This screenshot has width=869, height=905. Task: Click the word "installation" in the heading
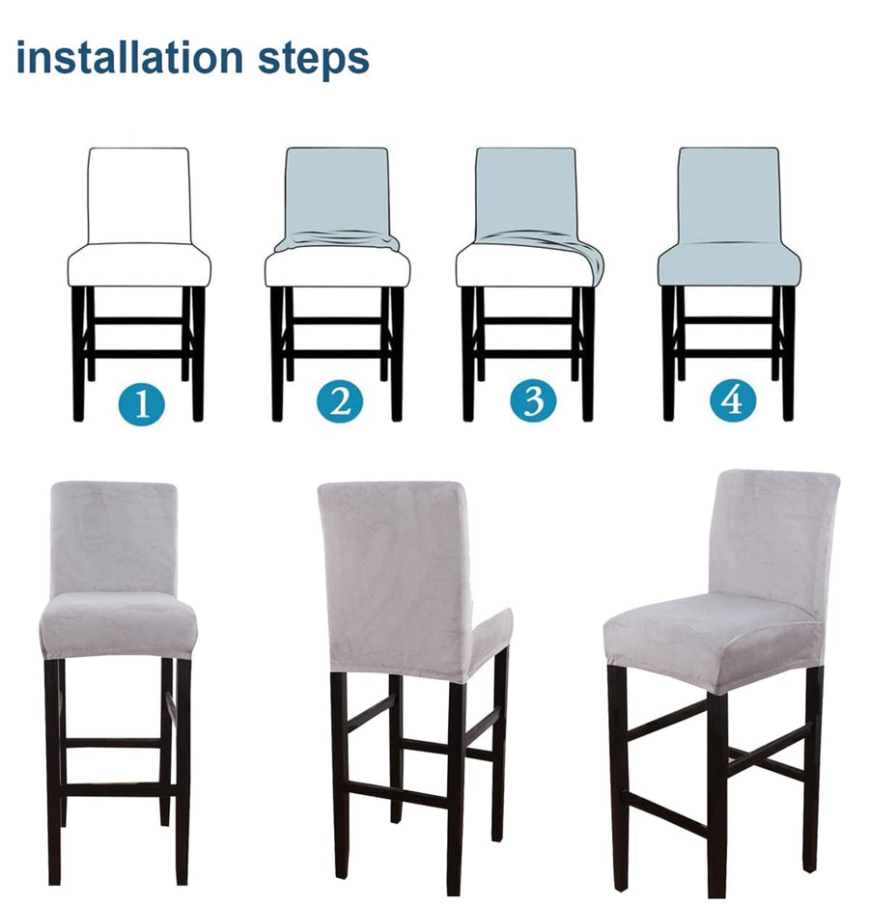coord(129,57)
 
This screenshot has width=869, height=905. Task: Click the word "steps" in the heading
coord(313,60)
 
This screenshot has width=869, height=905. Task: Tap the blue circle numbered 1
coord(142,402)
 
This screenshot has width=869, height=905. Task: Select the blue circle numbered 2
coord(340,400)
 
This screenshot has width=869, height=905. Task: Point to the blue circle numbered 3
coord(533,399)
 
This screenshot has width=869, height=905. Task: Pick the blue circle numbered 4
coord(733,399)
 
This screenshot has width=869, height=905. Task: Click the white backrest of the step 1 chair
coord(139,195)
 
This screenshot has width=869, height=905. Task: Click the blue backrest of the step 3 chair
coord(526,193)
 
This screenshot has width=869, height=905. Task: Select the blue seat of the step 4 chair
coord(730,263)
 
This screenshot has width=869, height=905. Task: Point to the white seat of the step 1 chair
coord(139,264)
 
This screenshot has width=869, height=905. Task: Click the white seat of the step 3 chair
coord(520,266)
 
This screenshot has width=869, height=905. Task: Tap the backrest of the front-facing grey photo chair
coord(114,536)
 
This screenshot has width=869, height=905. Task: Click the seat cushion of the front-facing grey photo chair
coord(119,625)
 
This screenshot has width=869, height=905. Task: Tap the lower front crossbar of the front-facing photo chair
coord(113,788)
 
